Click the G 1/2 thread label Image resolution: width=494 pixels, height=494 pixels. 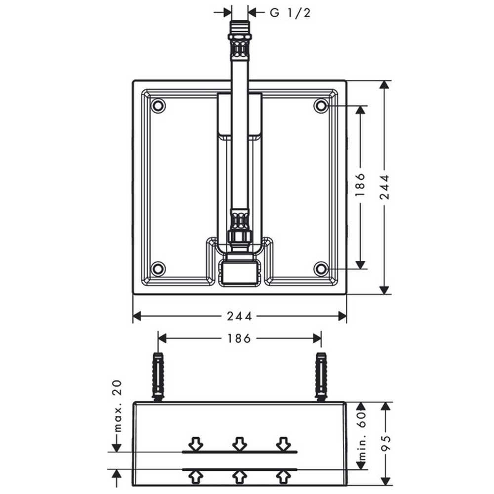pos(290,13)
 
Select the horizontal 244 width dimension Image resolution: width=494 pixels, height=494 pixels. pos(240,316)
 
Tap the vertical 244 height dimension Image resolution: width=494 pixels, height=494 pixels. pos(384,187)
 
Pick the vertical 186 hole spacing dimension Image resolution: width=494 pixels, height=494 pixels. pos(360,187)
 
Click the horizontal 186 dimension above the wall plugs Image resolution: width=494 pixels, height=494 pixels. pos(240,338)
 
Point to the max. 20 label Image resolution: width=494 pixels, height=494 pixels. pos(117,406)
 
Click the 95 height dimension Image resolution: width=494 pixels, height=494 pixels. pos(385,443)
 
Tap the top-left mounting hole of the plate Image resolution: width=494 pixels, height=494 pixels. pos(158,106)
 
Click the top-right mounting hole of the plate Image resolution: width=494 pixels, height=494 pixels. pos(321,106)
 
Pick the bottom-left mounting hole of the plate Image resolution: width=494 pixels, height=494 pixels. pos(158,269)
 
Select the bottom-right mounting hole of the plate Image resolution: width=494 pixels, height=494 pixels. pos(321,269)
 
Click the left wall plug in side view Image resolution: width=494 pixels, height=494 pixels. pos(158,377)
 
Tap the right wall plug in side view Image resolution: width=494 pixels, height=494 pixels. pos(321,377)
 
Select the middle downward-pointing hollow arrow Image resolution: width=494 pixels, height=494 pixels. pos(240,444)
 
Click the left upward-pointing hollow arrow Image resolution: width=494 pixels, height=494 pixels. pos(196,477)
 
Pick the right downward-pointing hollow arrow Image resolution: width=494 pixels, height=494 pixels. pos(283,444)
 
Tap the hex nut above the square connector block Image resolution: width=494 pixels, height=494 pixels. pos(240,237)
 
